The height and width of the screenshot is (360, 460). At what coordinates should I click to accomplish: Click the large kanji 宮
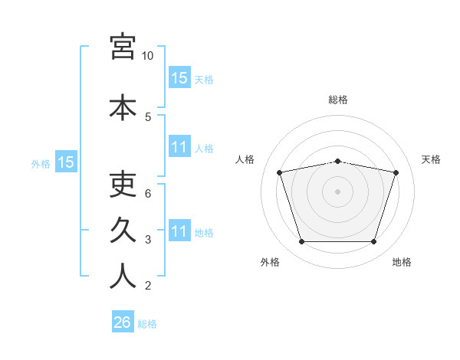point(123,47)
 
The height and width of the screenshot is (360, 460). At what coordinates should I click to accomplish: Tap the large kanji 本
point(123,107)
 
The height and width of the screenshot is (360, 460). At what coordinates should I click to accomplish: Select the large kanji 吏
point(123,185)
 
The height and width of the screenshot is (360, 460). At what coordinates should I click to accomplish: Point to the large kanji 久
point(123,230)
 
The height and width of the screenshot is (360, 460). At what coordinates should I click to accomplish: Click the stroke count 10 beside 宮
point(147,56)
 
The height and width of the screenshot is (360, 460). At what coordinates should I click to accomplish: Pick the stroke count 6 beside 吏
point(148,194)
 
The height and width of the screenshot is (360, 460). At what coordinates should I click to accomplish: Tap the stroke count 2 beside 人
point(148,286)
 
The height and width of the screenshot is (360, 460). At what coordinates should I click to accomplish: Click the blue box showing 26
point(123,321)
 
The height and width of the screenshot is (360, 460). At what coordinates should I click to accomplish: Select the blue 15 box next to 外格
point(66,162)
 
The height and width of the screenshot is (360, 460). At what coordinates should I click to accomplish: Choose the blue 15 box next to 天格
point(179,77)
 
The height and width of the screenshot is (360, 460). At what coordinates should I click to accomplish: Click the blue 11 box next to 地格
point(179,230)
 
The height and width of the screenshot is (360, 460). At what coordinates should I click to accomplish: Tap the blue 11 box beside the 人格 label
point(179,146)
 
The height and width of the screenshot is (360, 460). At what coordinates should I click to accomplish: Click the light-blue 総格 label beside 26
point(147,324)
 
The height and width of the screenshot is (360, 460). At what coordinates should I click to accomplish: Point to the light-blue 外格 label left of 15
point(41,164)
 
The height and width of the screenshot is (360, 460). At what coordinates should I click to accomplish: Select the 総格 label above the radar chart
point(338,100)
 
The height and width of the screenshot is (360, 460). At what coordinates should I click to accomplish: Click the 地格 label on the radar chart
point(402,262)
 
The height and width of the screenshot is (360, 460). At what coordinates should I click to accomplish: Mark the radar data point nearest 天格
point(396,172)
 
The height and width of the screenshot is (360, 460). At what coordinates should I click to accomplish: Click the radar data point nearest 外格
point(301,242)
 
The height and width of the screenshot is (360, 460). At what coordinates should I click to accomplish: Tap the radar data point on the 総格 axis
point(337,162)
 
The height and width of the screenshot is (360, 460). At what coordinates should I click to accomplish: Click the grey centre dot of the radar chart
point(337,191)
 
